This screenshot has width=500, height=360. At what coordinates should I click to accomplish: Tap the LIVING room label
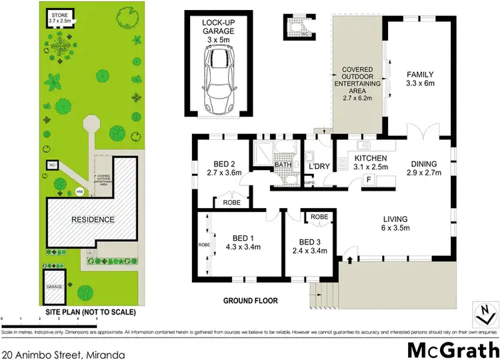click(x=395, y=223)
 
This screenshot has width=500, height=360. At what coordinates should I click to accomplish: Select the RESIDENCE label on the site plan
click(x=93, y=219)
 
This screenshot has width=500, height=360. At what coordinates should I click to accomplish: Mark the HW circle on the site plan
click(x=80, y=192)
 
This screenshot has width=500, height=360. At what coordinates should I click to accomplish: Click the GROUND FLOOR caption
click(x=250, y=301)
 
